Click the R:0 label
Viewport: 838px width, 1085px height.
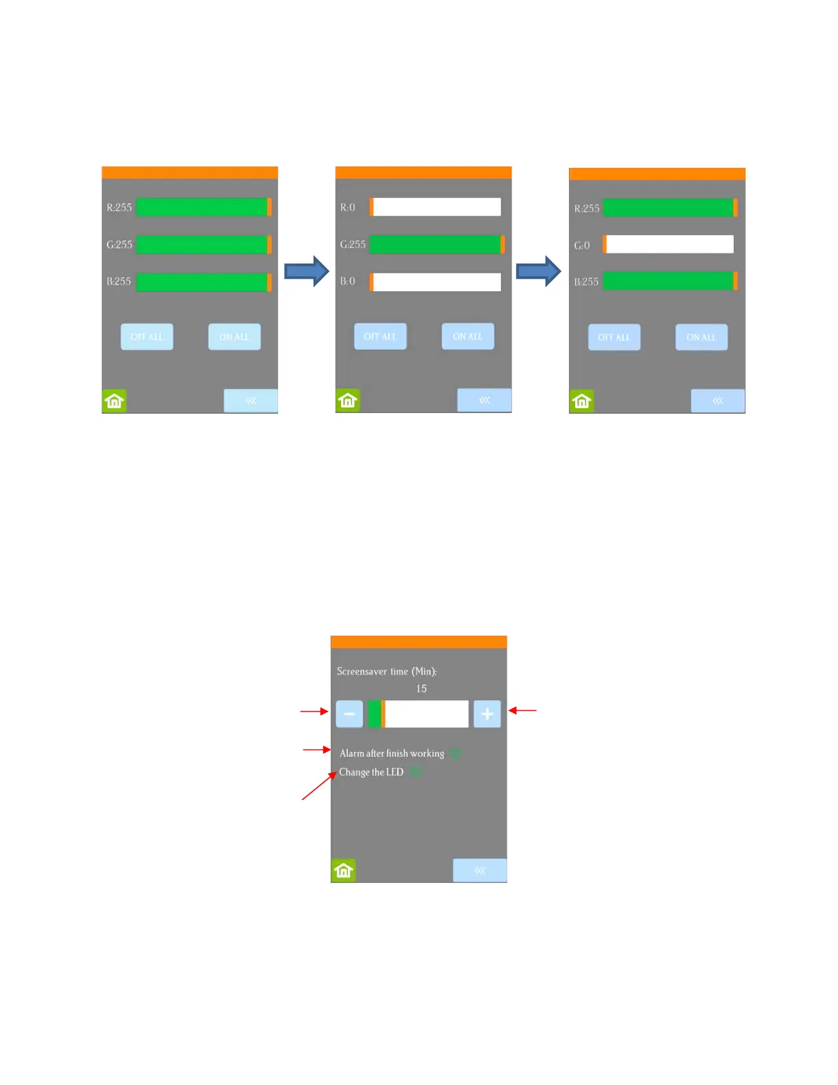[x=348, y=208]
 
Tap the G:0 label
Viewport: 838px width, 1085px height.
[x=582, y=245]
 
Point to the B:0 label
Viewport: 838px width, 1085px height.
[x=348, y=282]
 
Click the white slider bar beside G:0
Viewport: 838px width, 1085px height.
[x=670, y=245]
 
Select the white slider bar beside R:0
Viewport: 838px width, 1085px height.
[x=437, y=207]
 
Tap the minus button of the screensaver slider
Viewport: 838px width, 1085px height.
[x=349, y=714]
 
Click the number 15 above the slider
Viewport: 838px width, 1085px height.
[x=421, y=688]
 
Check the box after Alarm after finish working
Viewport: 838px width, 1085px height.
[x=455, y=753]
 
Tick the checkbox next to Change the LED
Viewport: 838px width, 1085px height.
[x=416, y=772]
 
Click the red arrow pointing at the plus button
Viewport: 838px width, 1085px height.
[x=522, y=711]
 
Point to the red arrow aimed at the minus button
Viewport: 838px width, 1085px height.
[x=314, y=712]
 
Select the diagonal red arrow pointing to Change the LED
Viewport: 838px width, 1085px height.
[x=319, y=786]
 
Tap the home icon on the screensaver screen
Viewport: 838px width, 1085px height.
[x=344, y=871]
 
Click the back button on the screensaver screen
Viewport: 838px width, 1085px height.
[x=480, y=871]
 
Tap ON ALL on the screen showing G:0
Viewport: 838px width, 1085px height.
[x=701, y=337]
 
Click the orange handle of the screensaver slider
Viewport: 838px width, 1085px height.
[x=383, y=714]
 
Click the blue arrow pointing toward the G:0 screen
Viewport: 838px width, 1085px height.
[x=539, y=271]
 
